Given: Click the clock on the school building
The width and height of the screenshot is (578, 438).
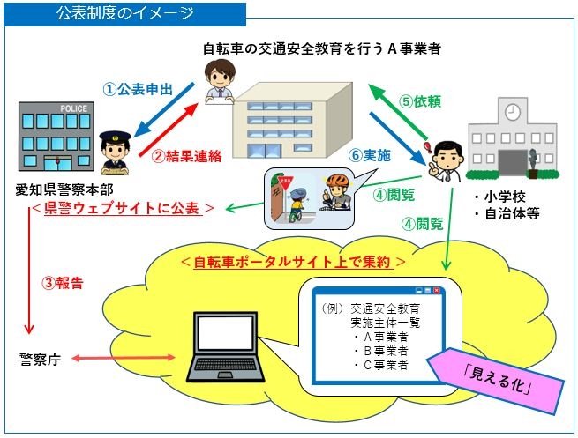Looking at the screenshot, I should click(x=511, y=112).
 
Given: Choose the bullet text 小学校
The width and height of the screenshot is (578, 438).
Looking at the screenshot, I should click(x=499, y=197).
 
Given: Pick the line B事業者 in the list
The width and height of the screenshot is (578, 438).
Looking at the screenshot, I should click(x=380, y=350).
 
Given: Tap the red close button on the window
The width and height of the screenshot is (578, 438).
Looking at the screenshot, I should click(x=434, y=290).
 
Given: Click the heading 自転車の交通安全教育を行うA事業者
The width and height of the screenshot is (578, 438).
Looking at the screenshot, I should click(x=321, y=50).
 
